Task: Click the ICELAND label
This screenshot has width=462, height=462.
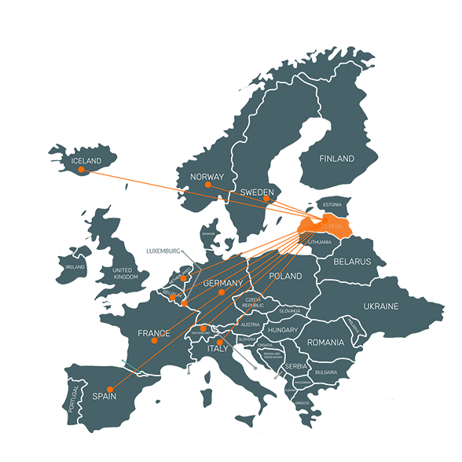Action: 86,161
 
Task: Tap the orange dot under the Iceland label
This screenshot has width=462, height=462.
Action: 81,170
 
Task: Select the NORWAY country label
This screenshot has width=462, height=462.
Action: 207,176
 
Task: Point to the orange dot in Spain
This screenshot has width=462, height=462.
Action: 111,389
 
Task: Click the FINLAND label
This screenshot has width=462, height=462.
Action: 336,159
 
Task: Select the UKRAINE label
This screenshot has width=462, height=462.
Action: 380,306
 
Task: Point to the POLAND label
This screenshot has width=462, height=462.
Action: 284,277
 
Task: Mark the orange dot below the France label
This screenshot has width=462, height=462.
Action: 156,342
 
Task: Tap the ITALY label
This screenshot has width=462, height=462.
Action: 218,348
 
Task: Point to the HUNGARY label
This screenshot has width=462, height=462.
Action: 282,331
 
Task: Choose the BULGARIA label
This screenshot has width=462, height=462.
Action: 326,372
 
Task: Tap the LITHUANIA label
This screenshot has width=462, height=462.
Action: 322,242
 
